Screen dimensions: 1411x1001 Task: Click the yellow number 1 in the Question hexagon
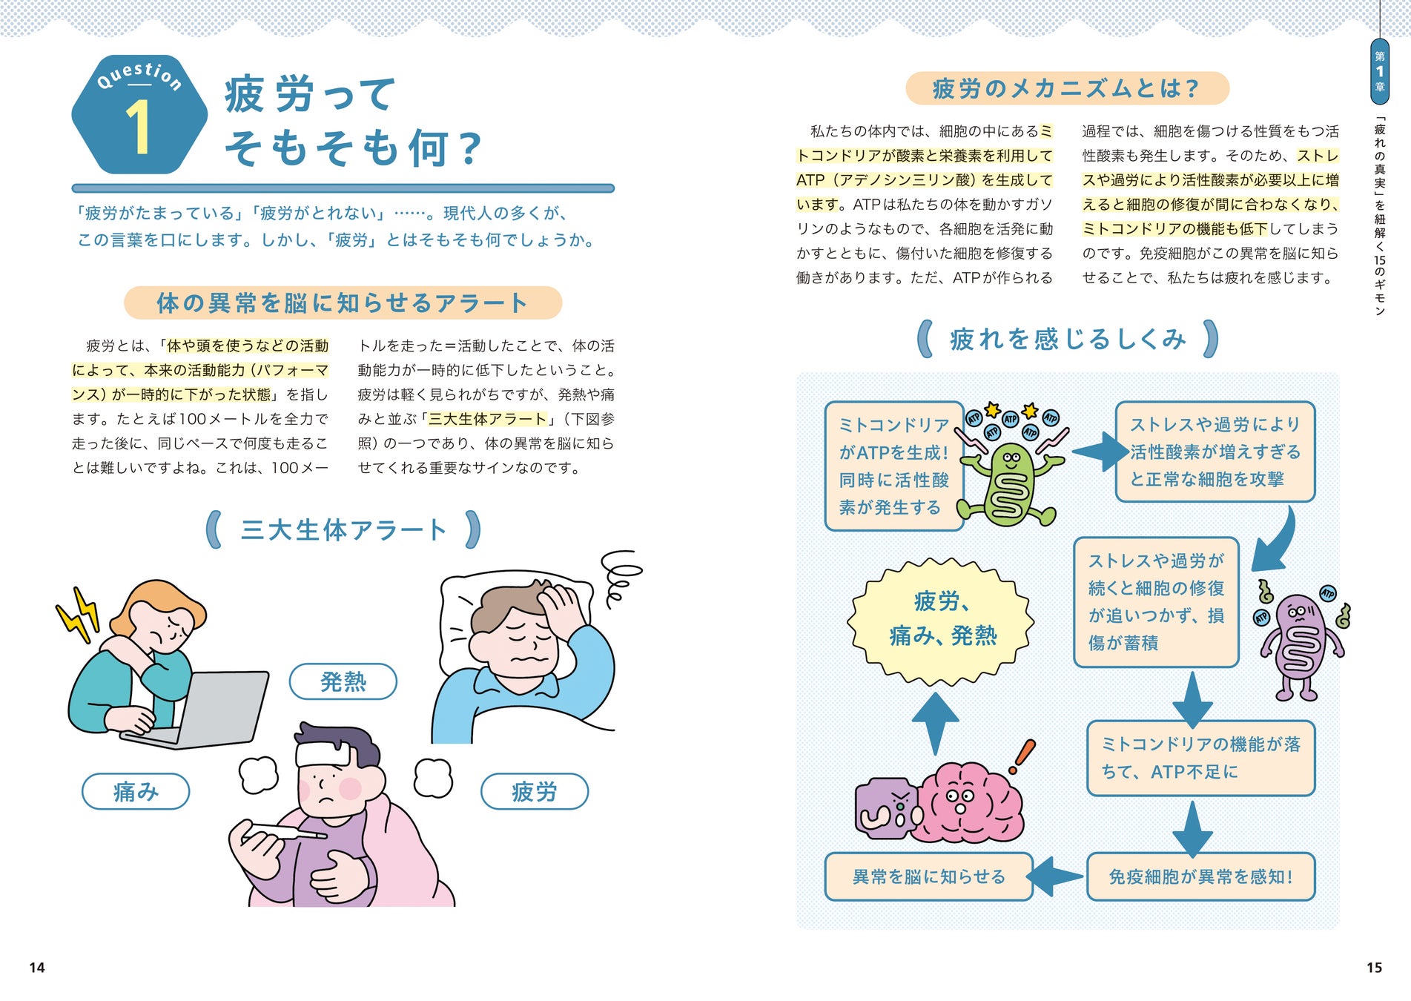[138, 128]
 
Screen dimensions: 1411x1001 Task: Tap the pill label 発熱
[343, 681]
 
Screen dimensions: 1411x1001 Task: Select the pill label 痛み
[136, 792]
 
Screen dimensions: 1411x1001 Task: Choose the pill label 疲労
[534, 792]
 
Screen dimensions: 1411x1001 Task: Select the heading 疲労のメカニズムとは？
[1066, 89]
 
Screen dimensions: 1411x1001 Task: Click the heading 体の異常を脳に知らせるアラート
[343, 303]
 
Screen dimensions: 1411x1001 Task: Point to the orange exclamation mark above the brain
[1024, 756]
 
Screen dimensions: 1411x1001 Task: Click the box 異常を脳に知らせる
[928, 876]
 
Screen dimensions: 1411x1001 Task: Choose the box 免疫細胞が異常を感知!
[1200, 876]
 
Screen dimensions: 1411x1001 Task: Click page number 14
[37, 968]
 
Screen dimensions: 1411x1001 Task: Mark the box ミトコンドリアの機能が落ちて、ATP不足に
[1200, 758]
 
